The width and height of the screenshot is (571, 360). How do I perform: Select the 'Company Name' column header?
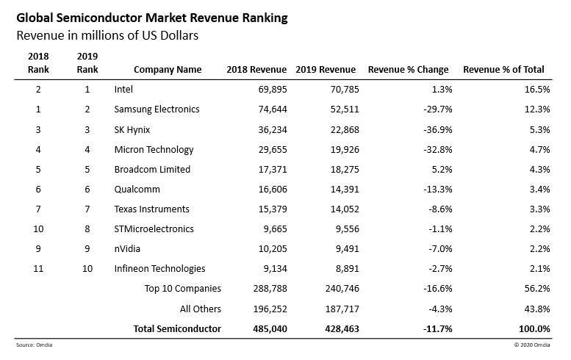coord(168,70)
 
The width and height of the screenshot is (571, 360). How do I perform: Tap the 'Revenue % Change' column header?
coord(408,70)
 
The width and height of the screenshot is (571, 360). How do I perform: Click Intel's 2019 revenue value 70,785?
coord(340,89)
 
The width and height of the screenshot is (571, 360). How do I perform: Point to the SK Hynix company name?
coord(134,129)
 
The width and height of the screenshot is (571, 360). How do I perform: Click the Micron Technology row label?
coord(154,149)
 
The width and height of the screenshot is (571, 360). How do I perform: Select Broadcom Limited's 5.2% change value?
coord(442,169)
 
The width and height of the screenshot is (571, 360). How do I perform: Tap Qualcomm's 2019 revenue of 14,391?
coord(340,189)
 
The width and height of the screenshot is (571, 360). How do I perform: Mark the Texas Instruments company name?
coord(152,209)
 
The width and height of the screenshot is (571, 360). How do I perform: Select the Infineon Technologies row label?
coord(159,269)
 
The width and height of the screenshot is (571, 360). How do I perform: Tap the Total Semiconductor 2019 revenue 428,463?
coord(337,328)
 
